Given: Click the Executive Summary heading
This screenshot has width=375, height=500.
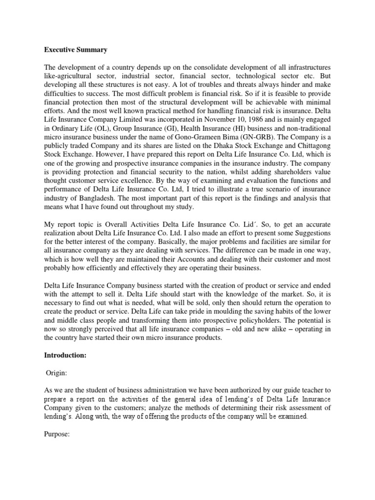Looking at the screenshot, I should coord(76,50).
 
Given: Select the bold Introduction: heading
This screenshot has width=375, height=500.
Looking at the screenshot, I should coord(65,356).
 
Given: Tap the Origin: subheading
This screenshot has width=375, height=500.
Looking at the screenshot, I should coord(59,373).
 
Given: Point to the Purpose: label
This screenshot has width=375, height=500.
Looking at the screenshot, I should coord(58,432).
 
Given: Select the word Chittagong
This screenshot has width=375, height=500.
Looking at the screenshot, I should coord(312,160).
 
